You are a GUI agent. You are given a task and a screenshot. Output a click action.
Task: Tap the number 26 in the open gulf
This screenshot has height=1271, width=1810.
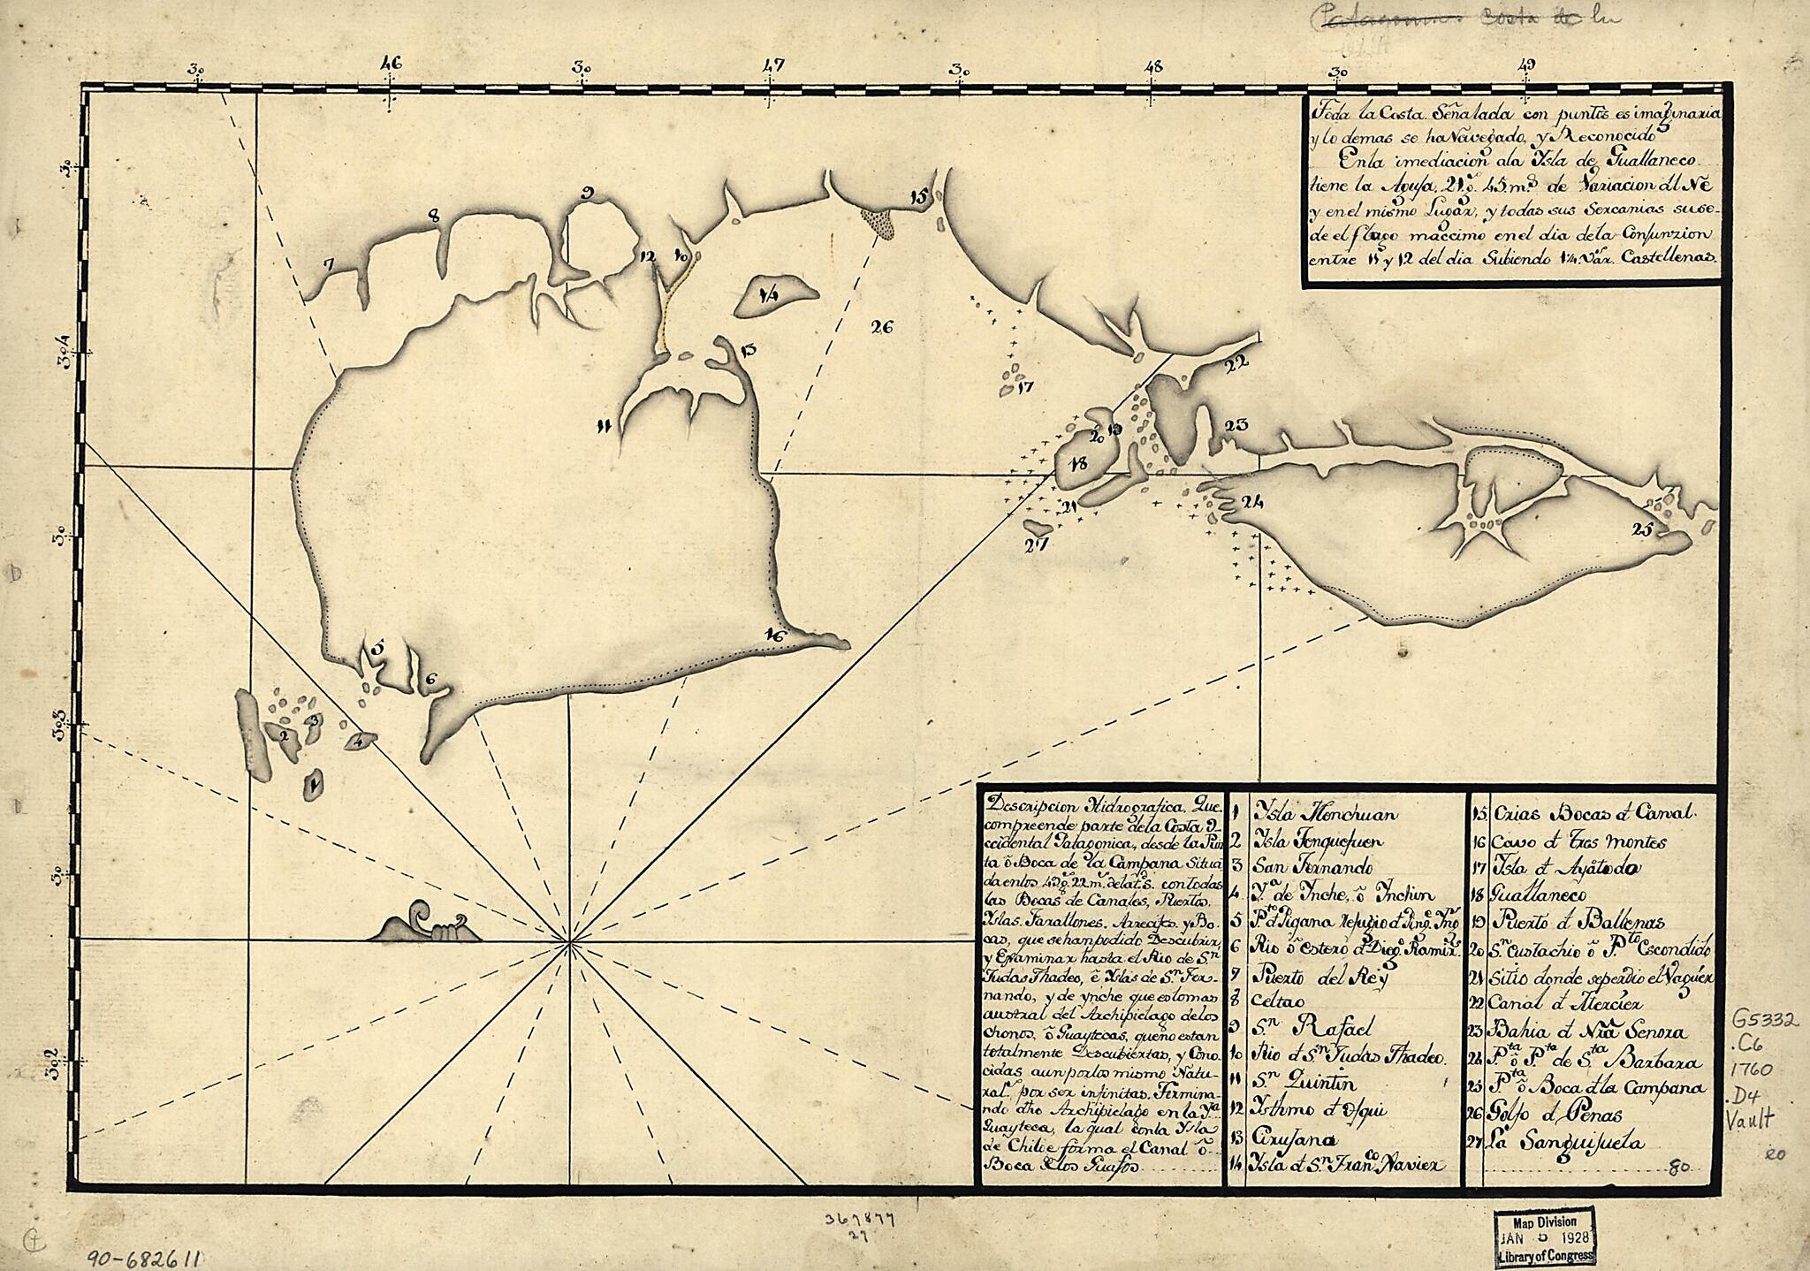click(x=881, y=327)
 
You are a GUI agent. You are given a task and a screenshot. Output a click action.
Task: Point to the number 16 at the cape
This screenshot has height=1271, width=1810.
click(x=776, y=634)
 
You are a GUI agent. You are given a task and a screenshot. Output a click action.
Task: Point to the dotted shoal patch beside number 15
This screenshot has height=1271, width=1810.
click(x=878, y=222)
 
